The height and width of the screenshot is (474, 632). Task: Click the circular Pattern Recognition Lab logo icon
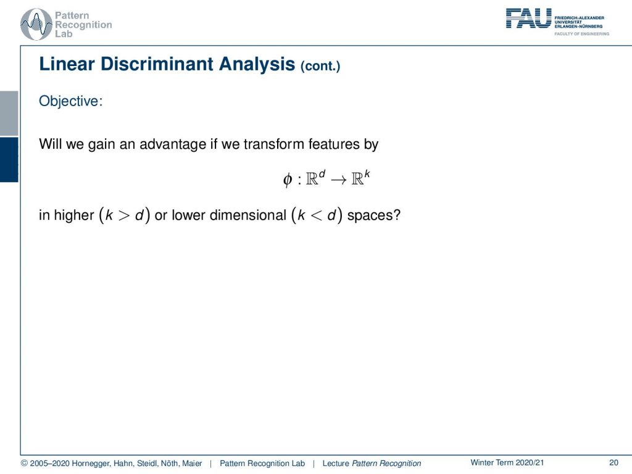click(x=36, y=24)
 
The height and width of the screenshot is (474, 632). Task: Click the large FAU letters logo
click(x=528, y=19)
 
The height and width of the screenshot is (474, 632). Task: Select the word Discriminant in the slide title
click(x=157, y=64)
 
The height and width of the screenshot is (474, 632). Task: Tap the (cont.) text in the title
click(x=320, y=65)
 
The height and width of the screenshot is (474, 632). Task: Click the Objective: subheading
click(x=71, y=101)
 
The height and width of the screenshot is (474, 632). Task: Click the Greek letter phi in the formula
click(x=288, y=180)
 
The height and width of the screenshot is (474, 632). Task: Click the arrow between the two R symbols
click(x=339, y=180)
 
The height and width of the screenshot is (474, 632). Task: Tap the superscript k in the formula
click(x=367, y=173)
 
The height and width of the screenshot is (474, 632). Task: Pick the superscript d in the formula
click(x=322, y=173)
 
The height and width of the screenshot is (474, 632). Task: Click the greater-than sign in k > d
click(x=124, y=215)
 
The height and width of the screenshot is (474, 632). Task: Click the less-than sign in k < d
click(x=317, y=215)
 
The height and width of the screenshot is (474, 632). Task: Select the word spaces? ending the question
click(x=374, y=215)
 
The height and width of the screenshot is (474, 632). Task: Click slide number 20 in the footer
click(x=614, y=463)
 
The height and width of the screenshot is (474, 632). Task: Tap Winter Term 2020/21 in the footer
click(x=507, y=463)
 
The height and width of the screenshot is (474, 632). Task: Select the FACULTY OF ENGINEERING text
click(x=581, y=34)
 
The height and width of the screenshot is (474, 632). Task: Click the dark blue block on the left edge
click(x=9, y=160)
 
